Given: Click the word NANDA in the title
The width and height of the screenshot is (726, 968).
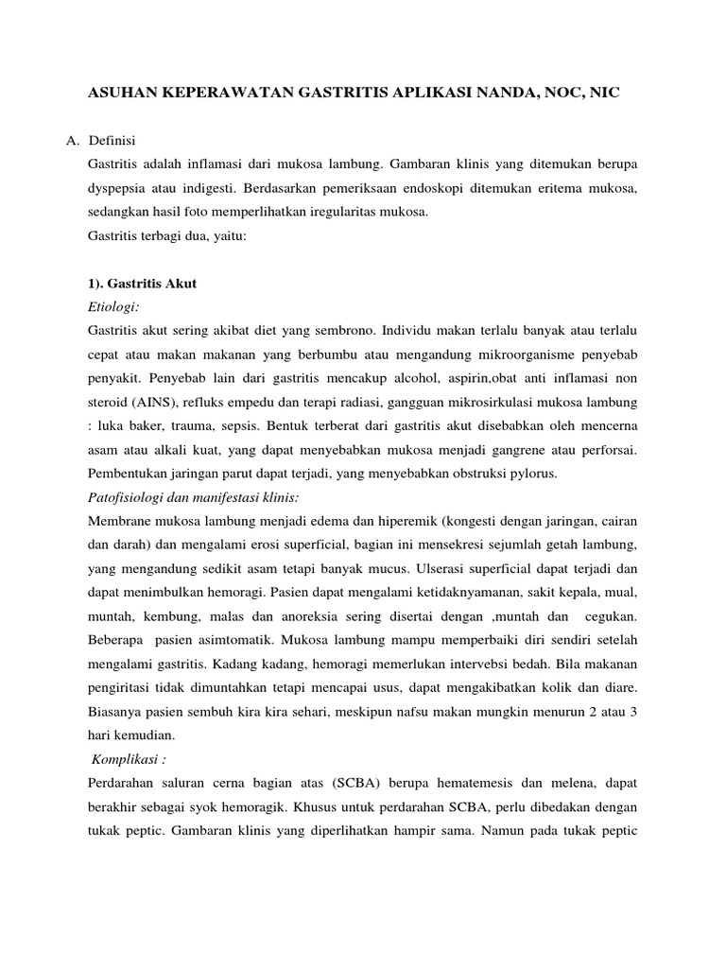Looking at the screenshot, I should pos(500,95).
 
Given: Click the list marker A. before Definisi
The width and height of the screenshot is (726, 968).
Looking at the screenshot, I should pos(72,141).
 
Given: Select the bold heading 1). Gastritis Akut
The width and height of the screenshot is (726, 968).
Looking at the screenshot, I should pos(141,283).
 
